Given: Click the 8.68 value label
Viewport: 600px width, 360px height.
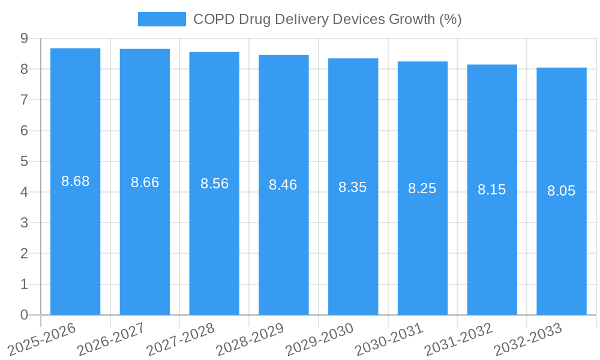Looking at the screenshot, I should tap(75, 181).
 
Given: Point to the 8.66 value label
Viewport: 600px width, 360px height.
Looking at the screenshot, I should tap(145, 182).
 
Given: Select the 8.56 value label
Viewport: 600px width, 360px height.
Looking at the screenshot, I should tap(214, 184).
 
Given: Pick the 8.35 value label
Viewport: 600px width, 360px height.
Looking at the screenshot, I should tap(353, 187).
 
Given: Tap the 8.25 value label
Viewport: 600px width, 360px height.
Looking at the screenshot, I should tap(422, 188).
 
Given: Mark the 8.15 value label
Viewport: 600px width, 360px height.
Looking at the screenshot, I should tap(491, 190).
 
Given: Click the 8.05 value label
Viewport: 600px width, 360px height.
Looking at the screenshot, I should tap(561, 191).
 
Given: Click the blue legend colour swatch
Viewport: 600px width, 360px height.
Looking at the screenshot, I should tap(161, 19).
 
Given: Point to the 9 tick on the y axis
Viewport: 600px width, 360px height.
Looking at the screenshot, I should tap(24, 38).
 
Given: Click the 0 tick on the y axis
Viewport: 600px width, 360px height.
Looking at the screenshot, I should tap(24, 315).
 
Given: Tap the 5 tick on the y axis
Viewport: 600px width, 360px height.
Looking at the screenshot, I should tap(24, 161).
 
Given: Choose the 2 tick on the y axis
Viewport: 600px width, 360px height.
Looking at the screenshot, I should tap(24, 254).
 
